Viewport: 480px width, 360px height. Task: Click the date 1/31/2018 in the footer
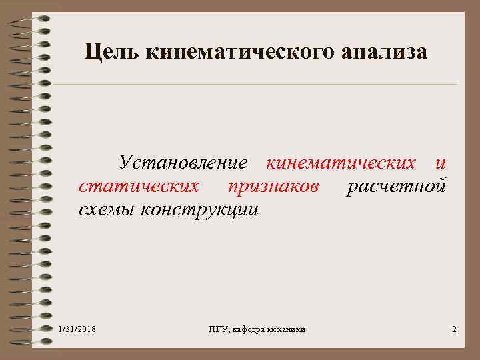(77, 329)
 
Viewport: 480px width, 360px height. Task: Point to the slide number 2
(454, 329)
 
